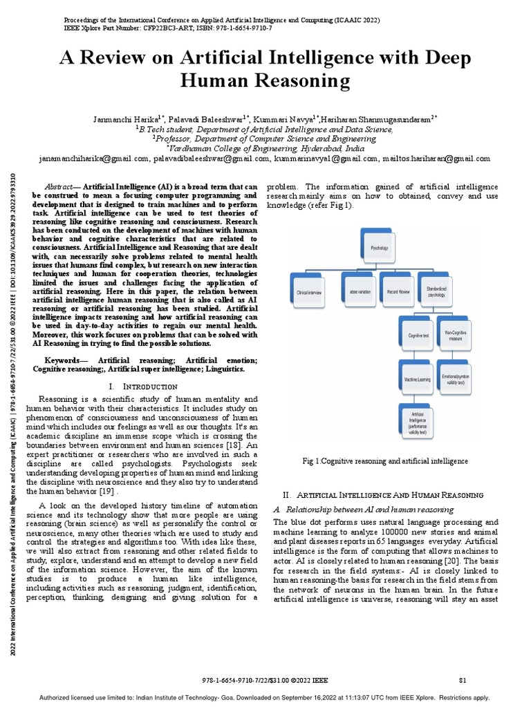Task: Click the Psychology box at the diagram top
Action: [380, 246]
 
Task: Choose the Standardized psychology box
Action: [436, 291]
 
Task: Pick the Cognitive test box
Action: [417, 335]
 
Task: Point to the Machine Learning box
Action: [417, 379]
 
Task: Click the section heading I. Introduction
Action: [144, 386]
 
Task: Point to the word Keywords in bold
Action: [66, 360]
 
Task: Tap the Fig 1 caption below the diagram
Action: [385, 461]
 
